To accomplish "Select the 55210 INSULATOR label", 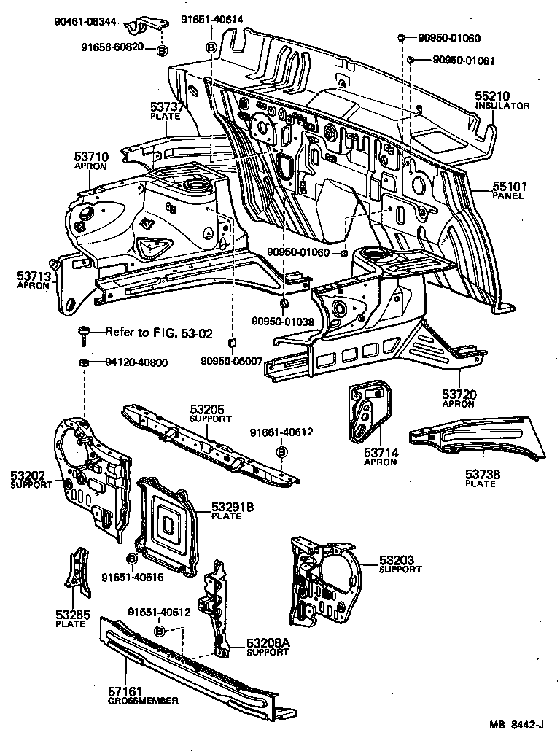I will pyautogui.click(x=502, y=101).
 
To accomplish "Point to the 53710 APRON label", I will pyautogui.click(x=90, y=160).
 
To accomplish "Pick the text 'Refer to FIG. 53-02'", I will pyautogui.click(x=158, y=333).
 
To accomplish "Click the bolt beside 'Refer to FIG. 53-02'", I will pyautogui.click(x=84, y=336).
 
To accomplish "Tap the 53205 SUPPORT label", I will pyautogui.click(x=210, y=414).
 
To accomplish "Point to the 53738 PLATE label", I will pyautogui.click(x=481, y=478).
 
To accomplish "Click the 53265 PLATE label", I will pyautogui.click(x=73, y=618).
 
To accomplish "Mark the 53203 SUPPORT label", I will pyautogui.click(x=399, y=564).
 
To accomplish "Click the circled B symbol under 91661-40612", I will pyautogui.click(x=282, y=453).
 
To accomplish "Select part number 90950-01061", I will pyautogui.click(x=463, y=61).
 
